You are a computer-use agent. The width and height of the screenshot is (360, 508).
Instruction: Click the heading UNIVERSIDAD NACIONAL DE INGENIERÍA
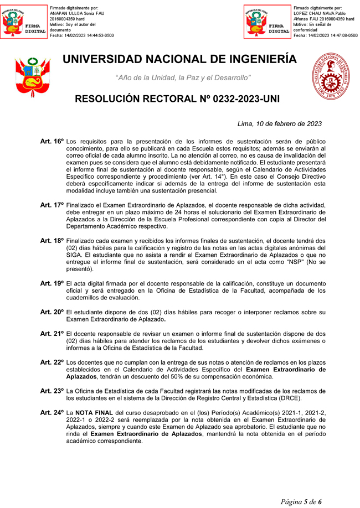[180, 59]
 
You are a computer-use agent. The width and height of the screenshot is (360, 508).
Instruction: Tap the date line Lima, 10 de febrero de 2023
[279, 124]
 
